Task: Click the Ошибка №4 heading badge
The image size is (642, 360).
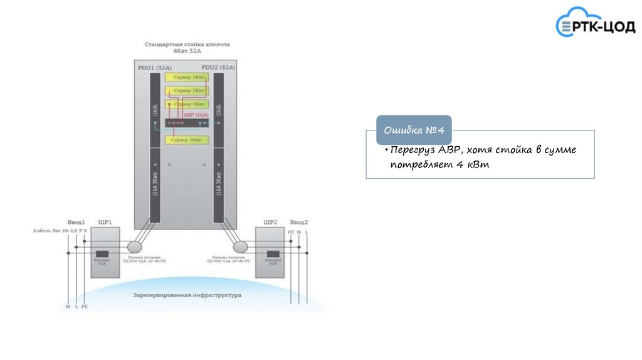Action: pyautogui.click(x=414, y=130)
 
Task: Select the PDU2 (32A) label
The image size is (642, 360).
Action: pyautogui.click(x=218, y=67)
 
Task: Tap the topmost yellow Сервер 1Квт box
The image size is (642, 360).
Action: pyautogui.click(x=186, y=77)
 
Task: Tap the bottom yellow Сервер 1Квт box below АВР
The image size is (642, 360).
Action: pyautogui.click(x=186, y=140)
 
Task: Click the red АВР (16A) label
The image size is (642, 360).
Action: pyautogui.click(x=196, y=115)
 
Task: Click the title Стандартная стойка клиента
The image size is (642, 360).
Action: pyautogui.click(x=187, y=45)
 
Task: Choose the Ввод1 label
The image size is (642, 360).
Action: pyautogui.click(x=76, y=222)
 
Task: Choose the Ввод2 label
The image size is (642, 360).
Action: pyautogui.click(x=298, y=222)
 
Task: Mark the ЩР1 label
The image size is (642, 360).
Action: pyautogui.click(x=105, y=222)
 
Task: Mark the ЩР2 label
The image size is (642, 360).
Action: pyautogui.click(x=270, y=222)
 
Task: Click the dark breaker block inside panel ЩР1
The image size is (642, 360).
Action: pyautogui.click(x=102, y=253)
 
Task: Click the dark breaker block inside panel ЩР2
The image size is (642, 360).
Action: pyautogui.click(x=273, y=253)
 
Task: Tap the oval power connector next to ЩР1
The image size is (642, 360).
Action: pyautogui.click(x=135, y=246)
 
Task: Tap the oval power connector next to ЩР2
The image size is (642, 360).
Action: pyautogui.click(x=239, y=246)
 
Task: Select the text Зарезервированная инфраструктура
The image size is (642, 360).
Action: pyautogui.click(x=187, y=295)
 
